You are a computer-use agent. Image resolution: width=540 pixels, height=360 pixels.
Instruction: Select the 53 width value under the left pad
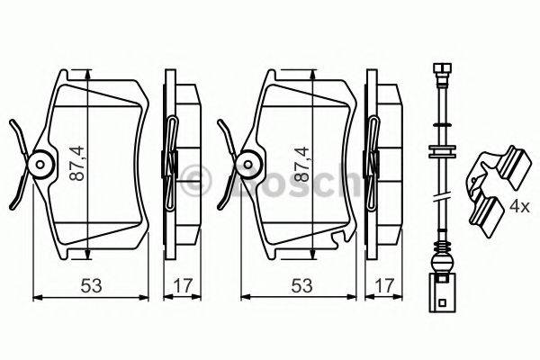point(90,285)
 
